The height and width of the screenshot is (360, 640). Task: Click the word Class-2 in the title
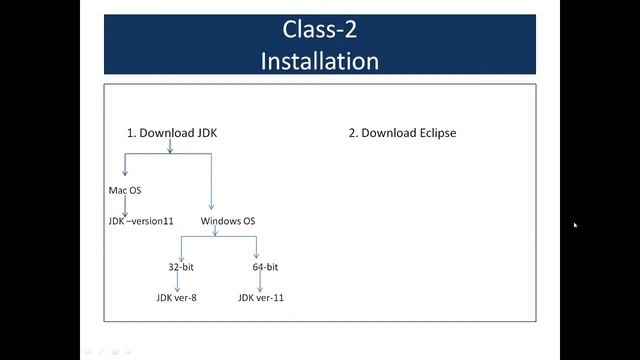[320, 30]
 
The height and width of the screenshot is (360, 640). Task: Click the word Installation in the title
[320, 60]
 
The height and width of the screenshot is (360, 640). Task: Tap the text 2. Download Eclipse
[402, 132]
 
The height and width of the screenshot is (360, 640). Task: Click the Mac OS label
[125, 190]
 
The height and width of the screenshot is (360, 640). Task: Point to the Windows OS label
[228, 220]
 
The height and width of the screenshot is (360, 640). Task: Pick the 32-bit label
[181, 267]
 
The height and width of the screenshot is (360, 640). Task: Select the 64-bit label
[265, 267]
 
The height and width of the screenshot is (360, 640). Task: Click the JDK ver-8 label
[176, 297]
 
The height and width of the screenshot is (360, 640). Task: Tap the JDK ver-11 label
[261, 297]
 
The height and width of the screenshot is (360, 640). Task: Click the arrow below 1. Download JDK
[170, 146]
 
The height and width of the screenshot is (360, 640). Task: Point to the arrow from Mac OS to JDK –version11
[125, 205]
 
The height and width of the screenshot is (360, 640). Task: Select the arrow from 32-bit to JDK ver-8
[177, 282]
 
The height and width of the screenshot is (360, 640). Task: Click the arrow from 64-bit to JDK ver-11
[260, 282]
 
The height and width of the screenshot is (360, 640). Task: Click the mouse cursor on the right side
[575, 225]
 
